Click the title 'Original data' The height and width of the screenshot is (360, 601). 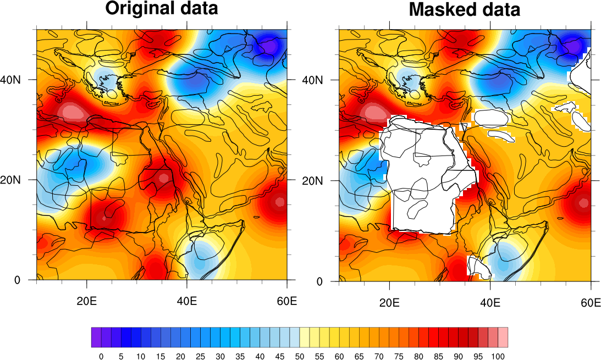coord(162,9)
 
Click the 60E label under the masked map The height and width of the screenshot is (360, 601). coord(590,302)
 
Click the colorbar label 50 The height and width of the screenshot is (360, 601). coord(299,356)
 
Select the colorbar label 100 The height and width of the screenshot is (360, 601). coord(498,356)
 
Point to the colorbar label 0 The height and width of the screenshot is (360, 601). coord(101,356)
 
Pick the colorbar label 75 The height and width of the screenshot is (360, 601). coord(399,356)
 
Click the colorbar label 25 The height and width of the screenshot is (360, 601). coord(200,356)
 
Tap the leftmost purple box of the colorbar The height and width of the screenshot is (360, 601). coord(96,337)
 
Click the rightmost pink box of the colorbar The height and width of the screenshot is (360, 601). coord(503,337)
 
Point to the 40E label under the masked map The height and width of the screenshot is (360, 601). coord(490,302)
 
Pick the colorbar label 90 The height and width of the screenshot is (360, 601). coord(458,356)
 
